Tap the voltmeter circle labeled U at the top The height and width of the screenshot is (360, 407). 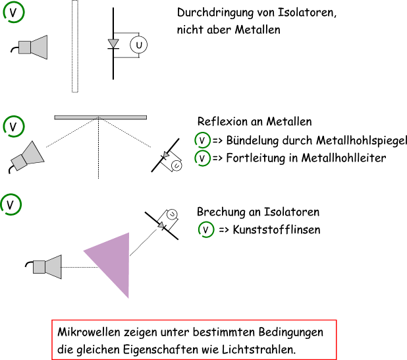click(138, 45)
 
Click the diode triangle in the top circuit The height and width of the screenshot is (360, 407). click(113, 44)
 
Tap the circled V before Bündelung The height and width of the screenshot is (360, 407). click(202, 140)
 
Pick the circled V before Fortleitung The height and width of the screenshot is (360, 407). click(202, 158)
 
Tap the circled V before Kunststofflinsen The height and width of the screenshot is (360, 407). click(207, 230)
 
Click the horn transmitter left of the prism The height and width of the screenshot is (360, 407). click(47, 266)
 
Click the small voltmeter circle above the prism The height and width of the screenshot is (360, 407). click(171, 214)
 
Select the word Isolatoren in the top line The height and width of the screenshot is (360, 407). click(311, 14)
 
